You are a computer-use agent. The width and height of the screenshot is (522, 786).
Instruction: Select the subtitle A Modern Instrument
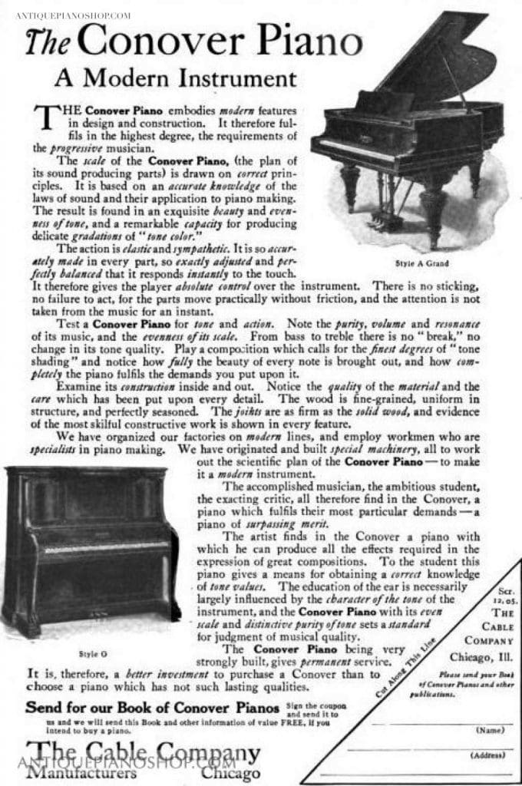click(x=175, y=78)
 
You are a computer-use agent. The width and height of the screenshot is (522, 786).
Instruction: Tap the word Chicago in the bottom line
click(x=230, y=772)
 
